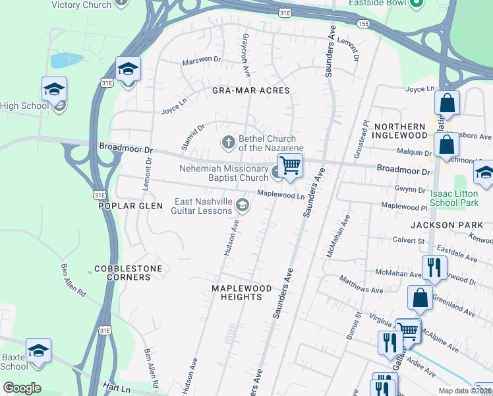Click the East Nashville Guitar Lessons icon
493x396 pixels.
243,206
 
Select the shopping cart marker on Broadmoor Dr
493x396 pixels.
290,165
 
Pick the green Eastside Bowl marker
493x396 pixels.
415,4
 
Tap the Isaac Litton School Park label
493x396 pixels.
454,199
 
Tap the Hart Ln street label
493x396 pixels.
116,385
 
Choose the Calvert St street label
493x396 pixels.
409,241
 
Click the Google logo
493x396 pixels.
22,388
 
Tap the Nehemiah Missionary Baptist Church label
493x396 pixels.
224,173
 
